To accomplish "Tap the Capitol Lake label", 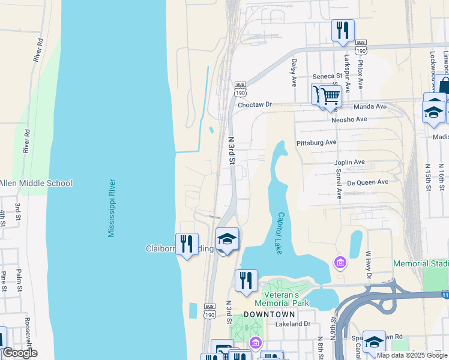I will [x=280, y=233].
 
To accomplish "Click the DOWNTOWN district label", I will [x=270, y=314].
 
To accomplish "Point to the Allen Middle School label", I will [x=36, y=183].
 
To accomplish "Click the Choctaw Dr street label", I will [x=255, y=104].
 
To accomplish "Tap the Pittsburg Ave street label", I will [x=316, y=143].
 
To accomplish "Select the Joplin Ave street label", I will [x=350, y=162].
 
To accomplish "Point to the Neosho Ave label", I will [x=349, y=119].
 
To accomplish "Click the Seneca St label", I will [x=327, y=76].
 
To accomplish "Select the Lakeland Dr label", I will [x=292, y=323].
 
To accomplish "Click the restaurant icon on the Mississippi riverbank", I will [x=187, y=244].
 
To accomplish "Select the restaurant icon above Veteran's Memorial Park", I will [x=246, y=281].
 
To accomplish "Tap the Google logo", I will [x=19, y=353].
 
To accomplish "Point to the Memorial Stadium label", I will [x=421, y=264].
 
